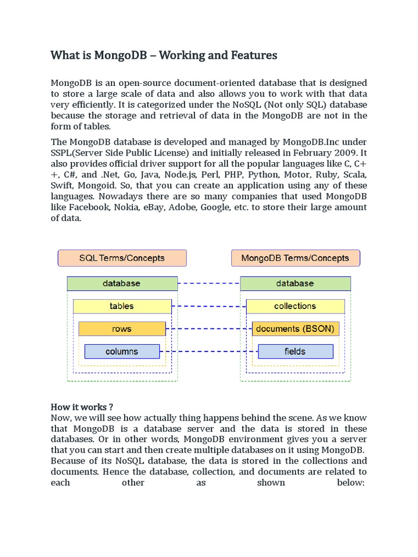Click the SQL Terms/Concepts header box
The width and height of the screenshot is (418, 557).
click(122, 258)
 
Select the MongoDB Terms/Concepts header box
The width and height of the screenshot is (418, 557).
click(295, 258)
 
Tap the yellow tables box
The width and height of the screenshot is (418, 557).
click(122, 306)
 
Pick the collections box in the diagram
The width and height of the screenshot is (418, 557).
click(295, 306)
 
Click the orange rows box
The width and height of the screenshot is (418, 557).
click(122, 329)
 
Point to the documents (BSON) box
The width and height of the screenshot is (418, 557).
click(295, 329)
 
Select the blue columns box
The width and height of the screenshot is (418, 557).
click(122, 351)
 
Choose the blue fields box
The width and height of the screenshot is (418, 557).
click(295, 351)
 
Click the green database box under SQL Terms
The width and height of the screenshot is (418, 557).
click(122, 283)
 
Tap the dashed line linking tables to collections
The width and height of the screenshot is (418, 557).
click(209, 306)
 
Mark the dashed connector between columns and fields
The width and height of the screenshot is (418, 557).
click(209, 351)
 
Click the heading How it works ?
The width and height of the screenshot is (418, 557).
click(82, 407)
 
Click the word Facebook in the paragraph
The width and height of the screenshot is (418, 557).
click(88, 207)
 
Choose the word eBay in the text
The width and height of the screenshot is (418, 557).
click(157, 207)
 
